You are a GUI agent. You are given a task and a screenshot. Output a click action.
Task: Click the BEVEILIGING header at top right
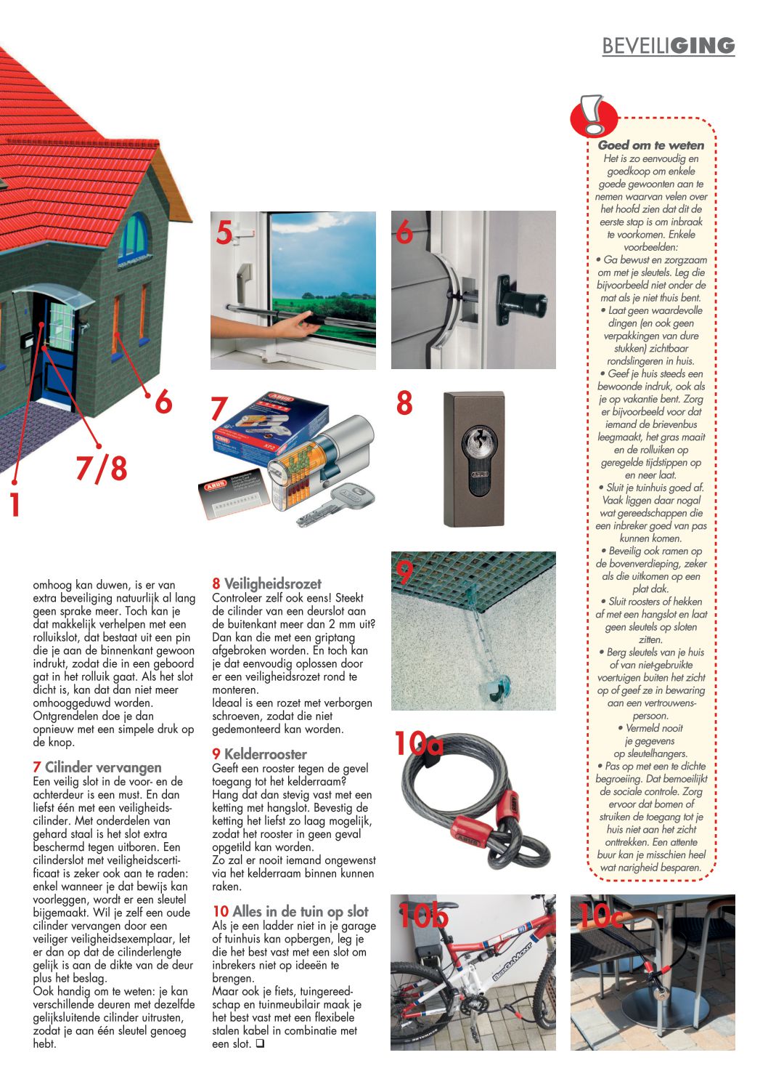click(x=668, y=46)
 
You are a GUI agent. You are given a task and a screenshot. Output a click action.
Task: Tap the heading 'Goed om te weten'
click(x=650, y=145)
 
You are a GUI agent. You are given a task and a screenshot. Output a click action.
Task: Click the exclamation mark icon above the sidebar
click(x=594, y=115)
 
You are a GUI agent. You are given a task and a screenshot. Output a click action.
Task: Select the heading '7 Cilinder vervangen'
click(x=97, y=767)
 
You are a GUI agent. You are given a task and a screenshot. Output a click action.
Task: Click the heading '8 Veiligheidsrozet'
click(x=266, y=583)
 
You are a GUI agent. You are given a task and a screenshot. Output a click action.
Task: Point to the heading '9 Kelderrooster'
click(x=259, y=754)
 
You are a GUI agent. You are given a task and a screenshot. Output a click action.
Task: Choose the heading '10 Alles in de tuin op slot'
click(x=290, y=911)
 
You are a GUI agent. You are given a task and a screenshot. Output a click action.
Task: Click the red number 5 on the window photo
click(x=224, y=233)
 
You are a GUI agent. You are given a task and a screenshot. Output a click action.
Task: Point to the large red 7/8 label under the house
click(x=101, y=468)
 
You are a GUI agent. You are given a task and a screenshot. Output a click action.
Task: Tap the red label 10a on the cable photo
click(x=418, y=743)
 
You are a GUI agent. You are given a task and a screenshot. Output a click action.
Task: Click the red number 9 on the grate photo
click(x=404, y=572)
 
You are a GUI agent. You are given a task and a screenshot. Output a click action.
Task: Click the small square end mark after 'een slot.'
click(x=259, y=1044)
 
